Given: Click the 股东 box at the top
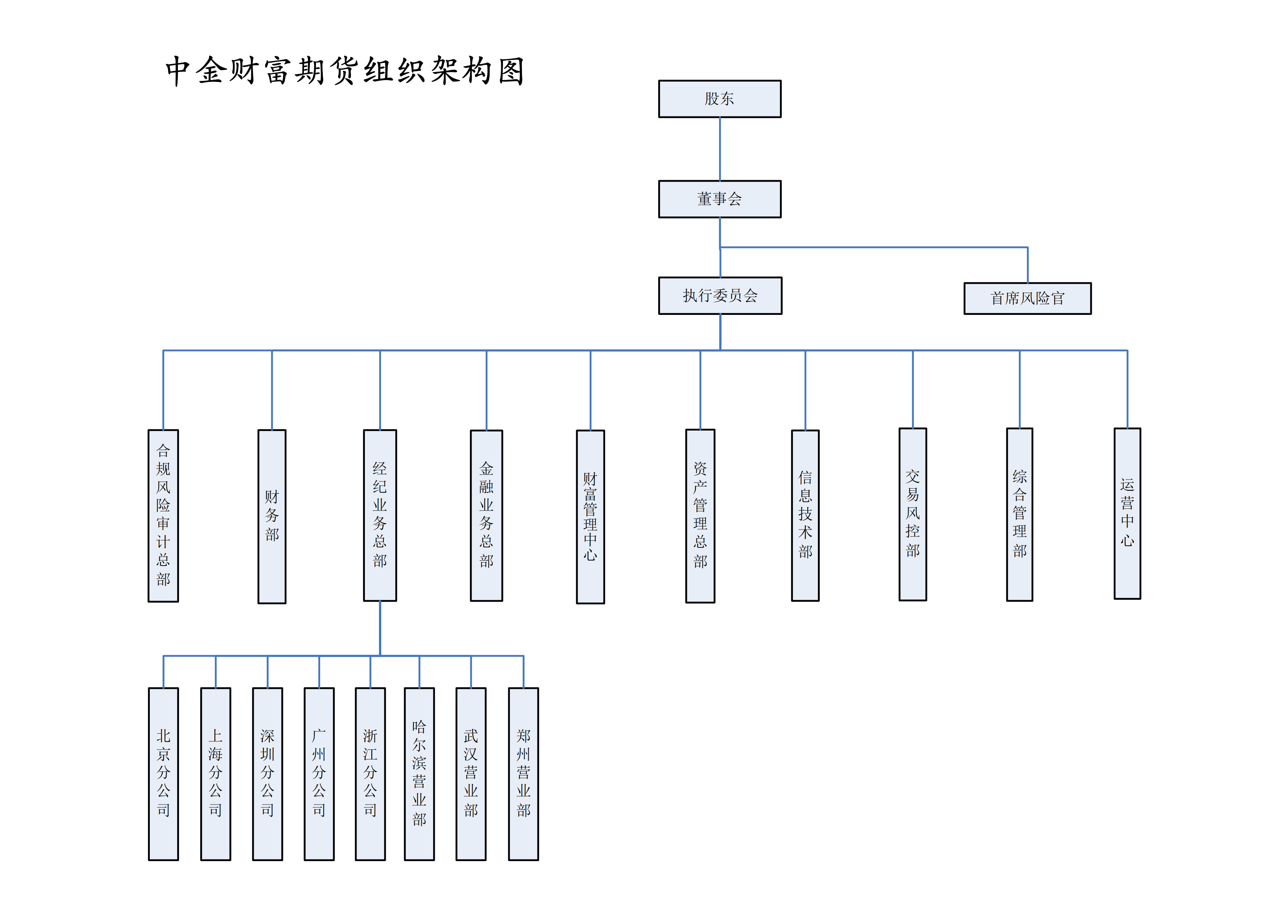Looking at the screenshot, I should (719, 99).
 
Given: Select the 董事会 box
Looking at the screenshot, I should (719, 199).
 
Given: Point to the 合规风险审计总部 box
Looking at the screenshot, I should (163, 516).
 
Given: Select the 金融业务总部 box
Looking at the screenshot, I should (486, 516).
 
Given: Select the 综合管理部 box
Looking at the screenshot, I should (1019, 514).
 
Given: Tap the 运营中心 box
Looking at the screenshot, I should (1127, 513).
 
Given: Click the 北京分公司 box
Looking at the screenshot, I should (163, 774).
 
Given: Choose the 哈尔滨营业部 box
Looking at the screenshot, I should (419, 774).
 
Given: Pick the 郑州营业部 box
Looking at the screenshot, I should (523, 774).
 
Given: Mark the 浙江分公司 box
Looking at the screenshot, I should (370, 774).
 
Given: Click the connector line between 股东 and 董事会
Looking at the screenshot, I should (720, 149).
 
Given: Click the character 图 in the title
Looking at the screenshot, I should (511, 71).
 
